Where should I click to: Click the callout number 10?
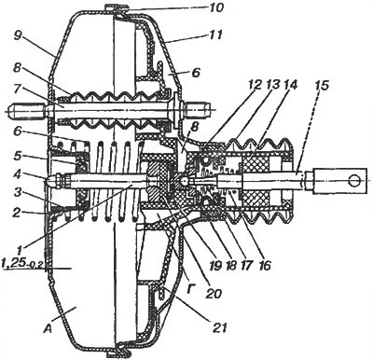(x=214, y=7)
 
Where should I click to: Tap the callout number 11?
(x=214, y=35)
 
